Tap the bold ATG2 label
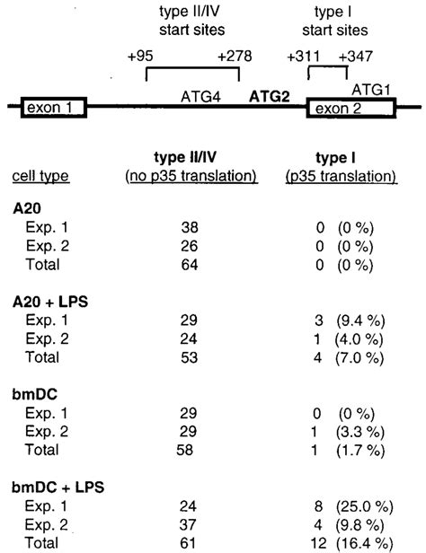click(x=270, y=96)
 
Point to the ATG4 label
click(x=200, y=96)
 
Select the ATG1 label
click(x=371, y=90)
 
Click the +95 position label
click(x=140, y=56)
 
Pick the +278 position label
click(x=235, y=56)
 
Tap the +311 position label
click(x=303, y=57)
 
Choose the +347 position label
click(x=355, y=57)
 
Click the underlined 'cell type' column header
click(x=41, y=176)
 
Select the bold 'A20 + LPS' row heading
click(x=50, y=302)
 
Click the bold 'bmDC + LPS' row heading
click(x=58, y=487)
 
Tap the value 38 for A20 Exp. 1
click(x=190, y=227)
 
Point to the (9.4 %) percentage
click(x=360, y=320)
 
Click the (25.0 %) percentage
click(x=364, y=507)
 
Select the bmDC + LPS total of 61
click(x=188, y=543)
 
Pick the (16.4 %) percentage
click(x=364, y=543)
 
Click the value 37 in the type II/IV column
click(x=188, y=525)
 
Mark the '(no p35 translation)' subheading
click(x=191, y=176)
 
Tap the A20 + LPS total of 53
click(x=189, y=357)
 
